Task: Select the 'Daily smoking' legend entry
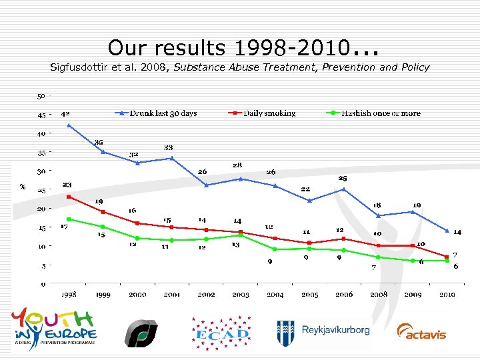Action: (x=262, y=113)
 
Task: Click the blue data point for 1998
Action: (x=69, y=125)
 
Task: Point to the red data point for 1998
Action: (x=69, y=197)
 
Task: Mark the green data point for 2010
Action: (x=446, y=261)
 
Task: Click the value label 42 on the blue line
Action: (x=66, y=114)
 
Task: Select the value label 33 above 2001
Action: (x=169, y=147)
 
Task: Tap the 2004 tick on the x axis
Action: (x=275, y=294)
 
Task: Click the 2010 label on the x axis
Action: (x=446, y=294)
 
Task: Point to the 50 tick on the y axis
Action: (x=41, y=95)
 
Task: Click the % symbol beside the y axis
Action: (x=23, y=187)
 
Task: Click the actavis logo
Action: (x=421, y=331)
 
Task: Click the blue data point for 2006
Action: (x=344, y=189)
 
